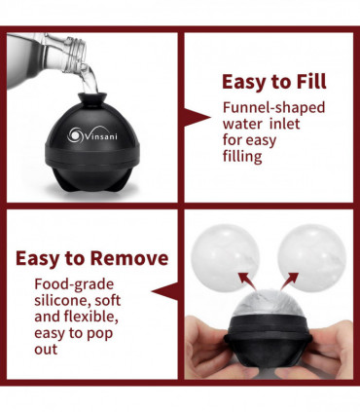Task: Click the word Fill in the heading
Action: (x=311, y=81)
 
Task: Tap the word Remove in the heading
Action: (x=129, y=258)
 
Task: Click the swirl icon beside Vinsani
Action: (x=75, y=134)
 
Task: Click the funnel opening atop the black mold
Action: (x=92, y=96)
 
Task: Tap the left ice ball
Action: (x=226, y=257)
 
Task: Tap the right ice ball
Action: (x=312, y=257)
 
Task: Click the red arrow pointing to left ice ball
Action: (x=246, y=281)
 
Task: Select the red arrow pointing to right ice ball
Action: (x=290, y=281)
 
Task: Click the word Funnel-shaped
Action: (x=273, y=108)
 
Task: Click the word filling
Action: (x=242, y=157)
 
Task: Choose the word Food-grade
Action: (x=74, y=284)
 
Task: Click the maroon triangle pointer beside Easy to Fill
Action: (x=198, y=117)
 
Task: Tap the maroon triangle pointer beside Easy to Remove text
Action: (x=165, y=291)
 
